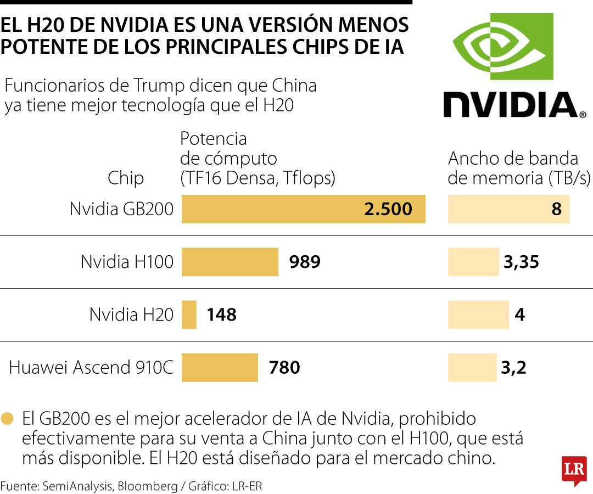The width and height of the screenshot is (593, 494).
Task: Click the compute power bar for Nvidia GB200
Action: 303,209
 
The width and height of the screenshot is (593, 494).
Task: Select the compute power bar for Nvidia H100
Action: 230,262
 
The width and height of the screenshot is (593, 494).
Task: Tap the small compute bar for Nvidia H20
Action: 189,315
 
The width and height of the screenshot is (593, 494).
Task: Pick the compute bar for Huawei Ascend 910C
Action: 220,367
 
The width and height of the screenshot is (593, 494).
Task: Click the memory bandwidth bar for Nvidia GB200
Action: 508,209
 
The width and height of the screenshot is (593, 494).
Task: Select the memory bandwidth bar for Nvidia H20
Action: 478,315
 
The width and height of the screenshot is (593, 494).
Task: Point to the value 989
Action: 305,262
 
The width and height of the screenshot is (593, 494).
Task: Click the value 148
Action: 221,315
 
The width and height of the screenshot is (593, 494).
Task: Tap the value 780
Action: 284,367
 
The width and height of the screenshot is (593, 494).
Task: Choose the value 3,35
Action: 521,262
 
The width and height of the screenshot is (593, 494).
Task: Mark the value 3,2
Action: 513,367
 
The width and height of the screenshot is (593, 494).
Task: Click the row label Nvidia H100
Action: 127,262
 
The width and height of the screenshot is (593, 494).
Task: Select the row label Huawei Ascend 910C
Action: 91,367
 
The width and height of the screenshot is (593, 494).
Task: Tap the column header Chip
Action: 126,178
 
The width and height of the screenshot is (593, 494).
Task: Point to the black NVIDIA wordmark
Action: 514,105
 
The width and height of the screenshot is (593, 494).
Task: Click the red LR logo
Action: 574,470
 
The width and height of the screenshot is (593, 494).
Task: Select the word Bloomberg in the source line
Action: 147,486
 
